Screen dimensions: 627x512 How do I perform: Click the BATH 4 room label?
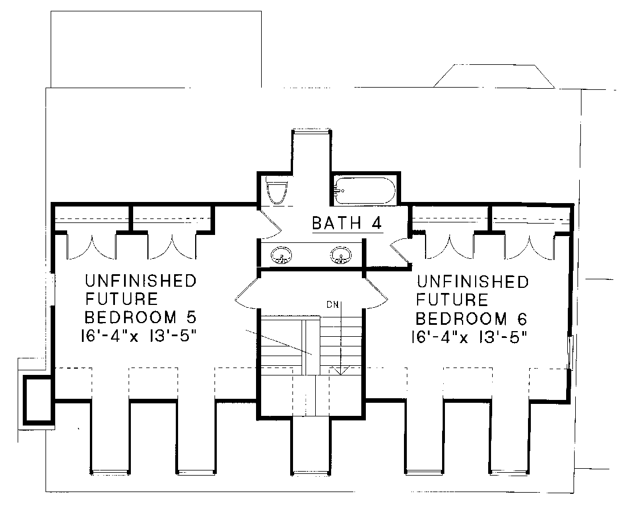[x=346, y=223]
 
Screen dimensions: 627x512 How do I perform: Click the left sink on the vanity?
[x=282, y=255]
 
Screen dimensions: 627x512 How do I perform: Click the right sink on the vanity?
[x=341, y=255]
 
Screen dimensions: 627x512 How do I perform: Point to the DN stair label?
[x=333, y=305]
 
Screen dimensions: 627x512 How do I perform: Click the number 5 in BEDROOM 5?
[x=191, y=317]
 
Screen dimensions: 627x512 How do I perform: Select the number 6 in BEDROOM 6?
[x=522, y=319]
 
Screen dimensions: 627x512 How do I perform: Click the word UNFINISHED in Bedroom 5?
[x=141, y=280]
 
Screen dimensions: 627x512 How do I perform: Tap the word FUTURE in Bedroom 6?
[x=452, y=300]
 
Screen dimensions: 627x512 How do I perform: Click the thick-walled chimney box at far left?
[x=38, y=400]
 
